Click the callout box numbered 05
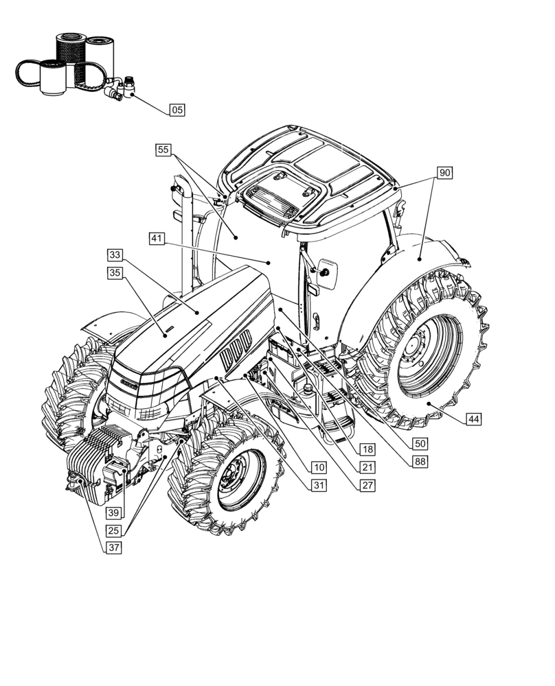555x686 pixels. (177, 110)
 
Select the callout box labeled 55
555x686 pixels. (163, 150)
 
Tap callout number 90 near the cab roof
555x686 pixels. (444, 173)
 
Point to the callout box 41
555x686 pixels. (157, 239)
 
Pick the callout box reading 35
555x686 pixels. (115, 273)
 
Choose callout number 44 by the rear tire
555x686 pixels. (473, 418)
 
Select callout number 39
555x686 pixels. (113, 512)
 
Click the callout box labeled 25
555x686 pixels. (113, 530)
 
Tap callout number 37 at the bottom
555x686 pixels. (113, 547)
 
